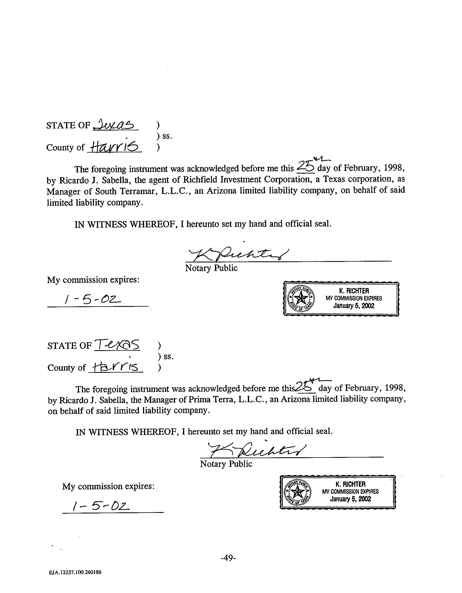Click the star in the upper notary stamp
pyautogui.click(x=301, y=299)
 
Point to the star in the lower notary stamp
pyautogui.click(x=297, y=492)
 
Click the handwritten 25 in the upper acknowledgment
pyautogui.click(x=305, y=167)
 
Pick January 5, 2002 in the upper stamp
pyautogui.click(x=354, y=306)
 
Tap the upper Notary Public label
pyautogui.click(x=211, y=268)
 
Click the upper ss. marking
pyautogui.click(x=167, y=136)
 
